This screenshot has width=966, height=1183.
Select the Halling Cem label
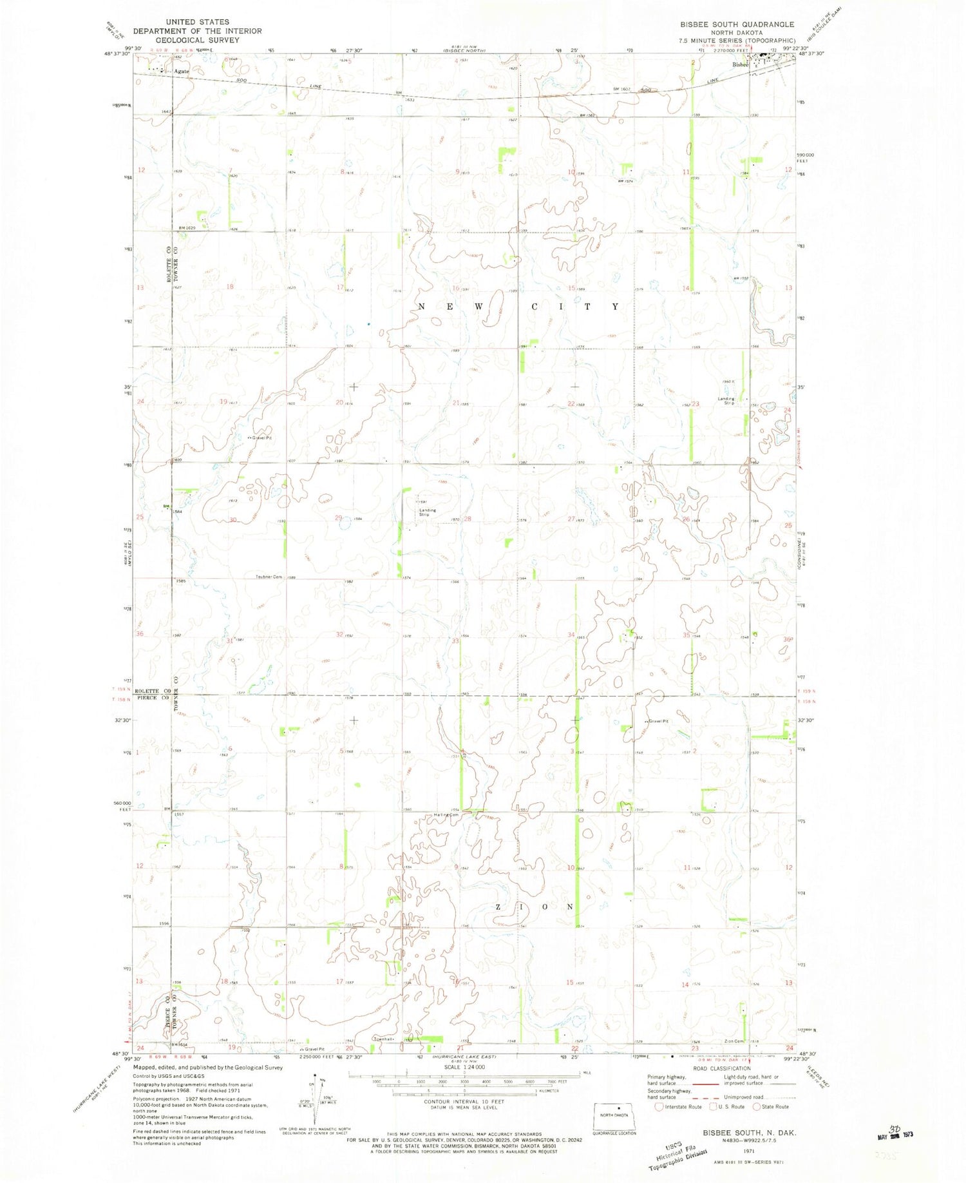coord(446,815)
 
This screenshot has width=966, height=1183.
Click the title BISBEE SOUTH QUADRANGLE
coord(737,24)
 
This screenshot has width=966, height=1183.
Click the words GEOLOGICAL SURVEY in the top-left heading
coord(198,40)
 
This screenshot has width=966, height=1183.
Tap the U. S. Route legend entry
coord(726,1107)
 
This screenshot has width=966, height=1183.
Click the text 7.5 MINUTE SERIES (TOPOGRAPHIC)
coord(737,41)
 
